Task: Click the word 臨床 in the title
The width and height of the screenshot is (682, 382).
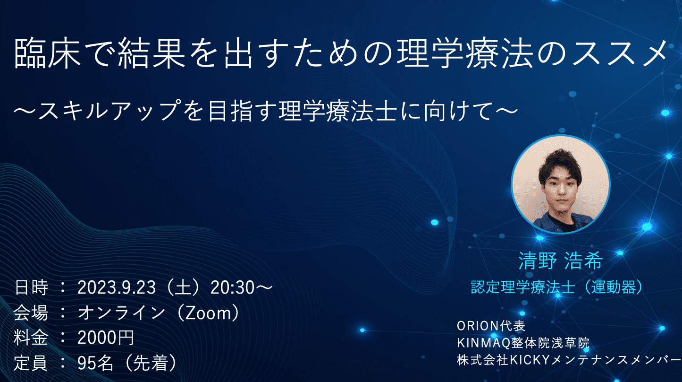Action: (48, 53)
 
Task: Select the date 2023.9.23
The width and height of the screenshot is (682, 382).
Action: (116, 287)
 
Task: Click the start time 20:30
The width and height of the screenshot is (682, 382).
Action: (232, 287)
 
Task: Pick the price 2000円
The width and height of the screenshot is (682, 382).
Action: (106, 338)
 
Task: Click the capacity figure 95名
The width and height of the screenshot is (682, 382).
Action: (95, 363)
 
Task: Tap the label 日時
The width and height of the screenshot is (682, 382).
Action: (31, 287)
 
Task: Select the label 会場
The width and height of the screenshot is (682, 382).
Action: (31, 313)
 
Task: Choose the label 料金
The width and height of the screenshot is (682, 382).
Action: (31, 338)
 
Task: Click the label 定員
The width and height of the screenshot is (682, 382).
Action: (31, 363)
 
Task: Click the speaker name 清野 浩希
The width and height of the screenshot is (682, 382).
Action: (560, 261)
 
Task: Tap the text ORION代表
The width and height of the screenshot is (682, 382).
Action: (491, 326)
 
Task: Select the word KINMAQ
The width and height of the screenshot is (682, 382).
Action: (483, 343)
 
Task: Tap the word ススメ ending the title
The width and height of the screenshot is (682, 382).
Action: (619, 53)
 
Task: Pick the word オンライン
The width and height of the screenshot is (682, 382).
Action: (121, 313)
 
